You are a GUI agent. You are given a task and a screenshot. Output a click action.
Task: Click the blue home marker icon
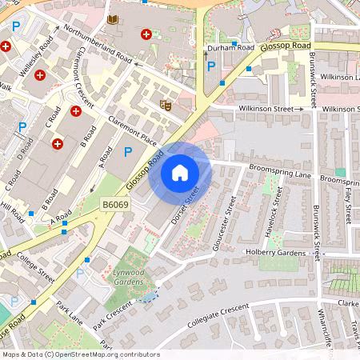pyautogui.click(x=180, y=172)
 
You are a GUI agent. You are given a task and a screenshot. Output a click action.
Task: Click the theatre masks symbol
pyautogui.click(x=166, y=104)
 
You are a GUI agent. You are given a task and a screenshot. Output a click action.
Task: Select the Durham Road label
pyautogui.click(x=230, y=49)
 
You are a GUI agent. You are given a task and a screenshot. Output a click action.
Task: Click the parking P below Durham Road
pyautogui.click(x=210, y=66)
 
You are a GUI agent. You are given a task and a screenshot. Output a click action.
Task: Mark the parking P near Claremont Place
pyautogui.click(x=127, y=151)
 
